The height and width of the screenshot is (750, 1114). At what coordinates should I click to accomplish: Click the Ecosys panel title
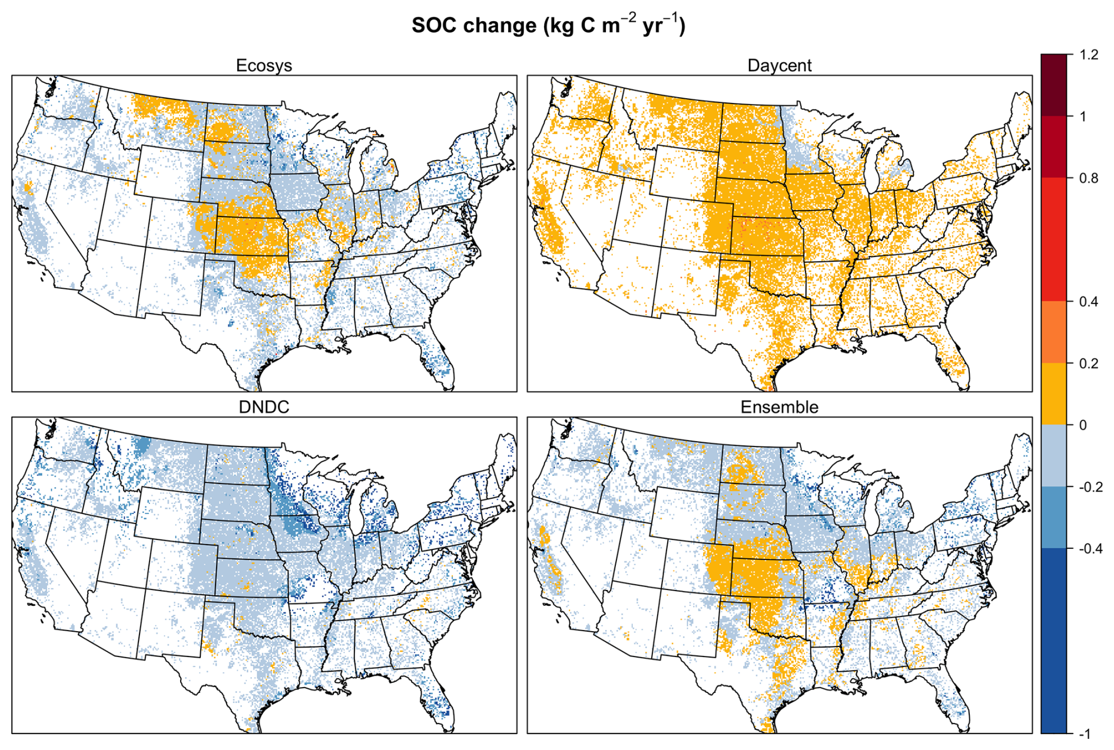[264, 65]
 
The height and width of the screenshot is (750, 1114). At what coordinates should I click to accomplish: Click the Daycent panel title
[779, 65]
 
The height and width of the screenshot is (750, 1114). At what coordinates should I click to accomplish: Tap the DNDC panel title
[264, 407]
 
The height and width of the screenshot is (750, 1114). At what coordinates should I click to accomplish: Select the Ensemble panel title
[779, 407]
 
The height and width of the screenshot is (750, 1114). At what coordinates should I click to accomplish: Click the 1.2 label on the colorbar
[1089, 55]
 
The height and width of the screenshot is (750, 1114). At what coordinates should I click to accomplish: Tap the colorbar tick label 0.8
[1089, 178]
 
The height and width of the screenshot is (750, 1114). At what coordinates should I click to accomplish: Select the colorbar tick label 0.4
[1089, 302]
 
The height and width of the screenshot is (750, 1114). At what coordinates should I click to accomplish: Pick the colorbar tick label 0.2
[1089, 364]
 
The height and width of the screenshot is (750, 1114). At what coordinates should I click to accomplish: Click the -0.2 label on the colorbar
[1091, 487]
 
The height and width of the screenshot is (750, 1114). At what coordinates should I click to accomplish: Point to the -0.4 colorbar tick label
[1091, 549]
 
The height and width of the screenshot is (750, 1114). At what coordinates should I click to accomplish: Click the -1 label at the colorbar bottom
[1085, 734]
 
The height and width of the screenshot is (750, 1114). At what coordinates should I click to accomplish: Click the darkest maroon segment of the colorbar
[1053, 85]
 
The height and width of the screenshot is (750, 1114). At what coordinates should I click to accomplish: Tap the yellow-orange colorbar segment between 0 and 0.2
[1053, 394]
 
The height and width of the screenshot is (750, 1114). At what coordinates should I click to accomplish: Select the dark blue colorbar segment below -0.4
[1053, 641]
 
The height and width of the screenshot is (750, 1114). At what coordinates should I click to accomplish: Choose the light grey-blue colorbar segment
[1053, 456]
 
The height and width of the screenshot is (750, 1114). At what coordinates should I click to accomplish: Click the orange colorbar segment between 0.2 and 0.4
[1053, 332]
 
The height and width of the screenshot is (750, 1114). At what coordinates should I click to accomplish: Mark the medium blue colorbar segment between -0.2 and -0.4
[1053, 518]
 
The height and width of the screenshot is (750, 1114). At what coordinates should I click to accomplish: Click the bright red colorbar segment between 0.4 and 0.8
[1053, 240]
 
